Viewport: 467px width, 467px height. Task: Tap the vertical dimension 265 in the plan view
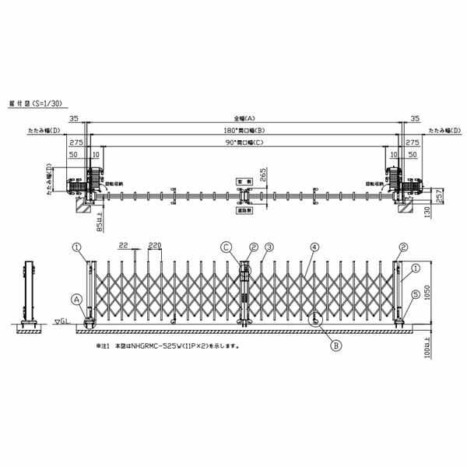(265, 175)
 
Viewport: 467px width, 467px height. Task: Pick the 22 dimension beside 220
(124, 245)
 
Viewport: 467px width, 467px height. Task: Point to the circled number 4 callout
(315, 248)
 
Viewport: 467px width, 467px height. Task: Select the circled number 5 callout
(416, 294)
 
